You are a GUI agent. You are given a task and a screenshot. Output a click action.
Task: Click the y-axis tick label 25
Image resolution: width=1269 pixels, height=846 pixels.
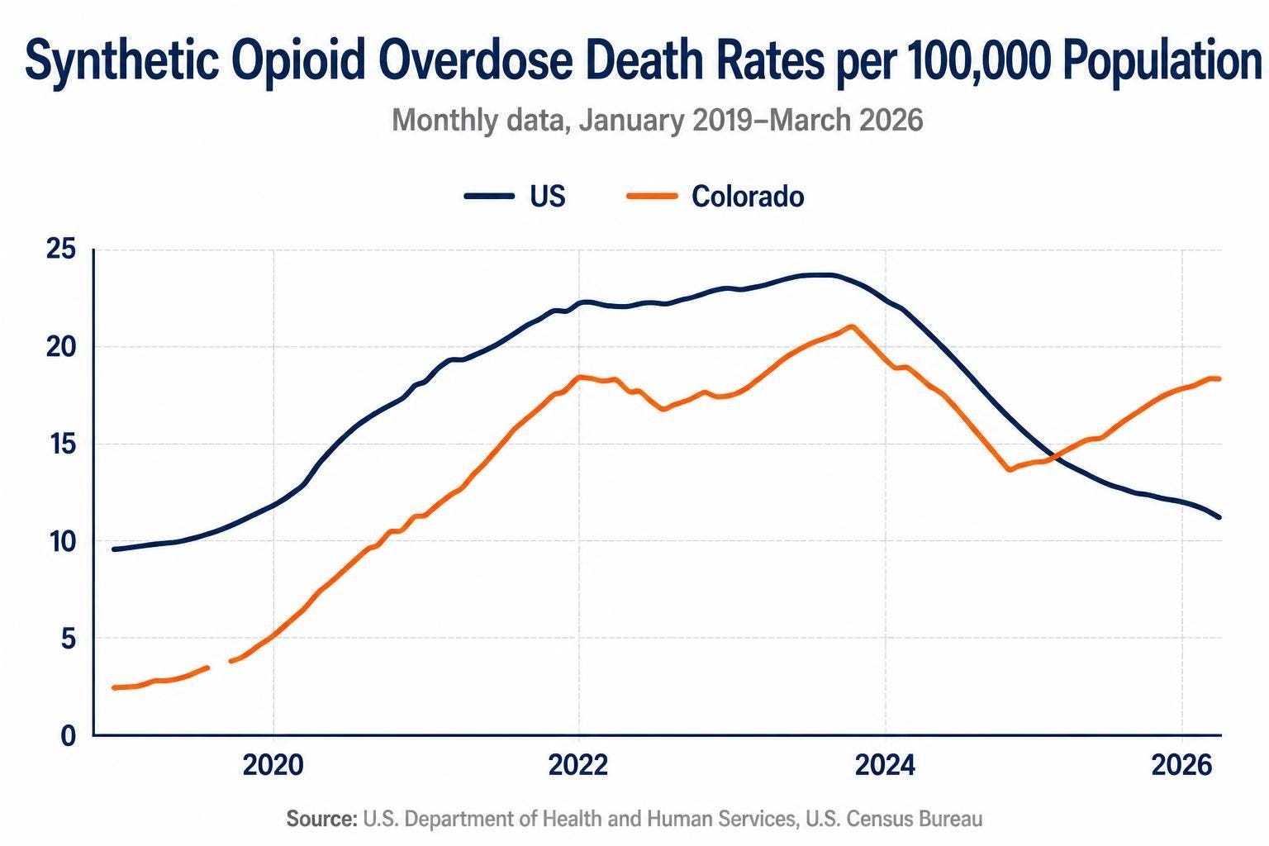click(60, 250)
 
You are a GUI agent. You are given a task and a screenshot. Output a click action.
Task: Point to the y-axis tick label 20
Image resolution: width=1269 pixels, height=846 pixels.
click(60, 347)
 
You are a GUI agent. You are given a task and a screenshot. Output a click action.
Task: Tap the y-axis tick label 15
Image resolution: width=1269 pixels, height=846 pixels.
click(62, 444)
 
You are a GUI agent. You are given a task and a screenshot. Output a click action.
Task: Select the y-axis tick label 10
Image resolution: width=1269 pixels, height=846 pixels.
click(62, 542)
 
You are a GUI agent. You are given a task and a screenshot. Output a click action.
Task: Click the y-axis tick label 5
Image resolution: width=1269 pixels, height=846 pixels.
click(69, 639)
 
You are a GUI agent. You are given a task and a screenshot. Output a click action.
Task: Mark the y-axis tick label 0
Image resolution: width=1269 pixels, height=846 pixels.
click(69, 736)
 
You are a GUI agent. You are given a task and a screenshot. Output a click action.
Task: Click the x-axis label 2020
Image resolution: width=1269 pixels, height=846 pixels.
click(273, 766)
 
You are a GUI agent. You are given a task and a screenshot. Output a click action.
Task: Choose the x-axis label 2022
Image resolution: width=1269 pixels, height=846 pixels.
click(578, 766)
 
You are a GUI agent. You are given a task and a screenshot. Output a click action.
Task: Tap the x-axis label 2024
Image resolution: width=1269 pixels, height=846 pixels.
click(885, 766)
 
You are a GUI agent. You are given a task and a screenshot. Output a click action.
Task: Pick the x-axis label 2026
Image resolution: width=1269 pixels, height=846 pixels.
click(1181, 766)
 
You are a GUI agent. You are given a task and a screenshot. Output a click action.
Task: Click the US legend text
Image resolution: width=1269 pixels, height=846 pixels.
click(548, 196)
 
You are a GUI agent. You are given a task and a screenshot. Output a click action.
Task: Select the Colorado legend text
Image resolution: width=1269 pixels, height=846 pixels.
click(748, 196)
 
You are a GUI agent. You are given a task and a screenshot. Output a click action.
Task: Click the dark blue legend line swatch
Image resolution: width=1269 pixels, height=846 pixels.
click(489, 196)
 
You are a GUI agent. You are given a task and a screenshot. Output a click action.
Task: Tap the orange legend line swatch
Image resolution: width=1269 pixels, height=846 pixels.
click(652, 196)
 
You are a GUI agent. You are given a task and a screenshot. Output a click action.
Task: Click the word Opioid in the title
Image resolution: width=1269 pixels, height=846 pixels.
click(298, 61)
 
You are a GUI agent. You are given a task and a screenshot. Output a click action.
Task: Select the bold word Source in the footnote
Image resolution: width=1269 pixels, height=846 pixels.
click(321, 819)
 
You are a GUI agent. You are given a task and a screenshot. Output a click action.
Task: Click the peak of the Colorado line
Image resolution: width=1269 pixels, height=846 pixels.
click(852, 326)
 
